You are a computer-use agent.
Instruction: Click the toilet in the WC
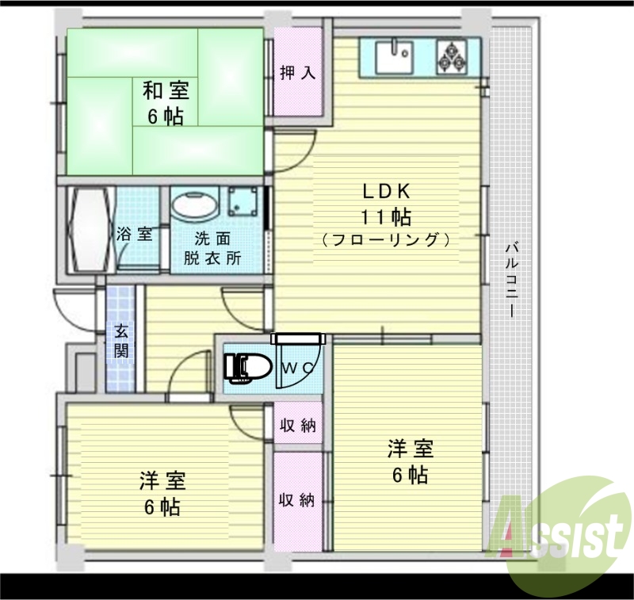tap(247, 366)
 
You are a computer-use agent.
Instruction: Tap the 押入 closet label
tap(298, 73)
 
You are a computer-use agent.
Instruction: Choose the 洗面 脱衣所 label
tap(213, 247)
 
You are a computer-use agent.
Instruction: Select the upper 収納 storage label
tap(298, 426)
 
